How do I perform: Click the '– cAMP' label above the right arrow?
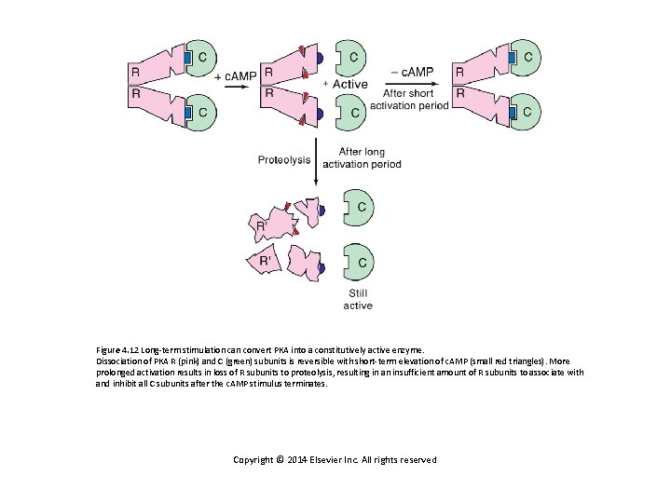click(x=409, y=73)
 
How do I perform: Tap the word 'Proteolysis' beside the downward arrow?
click(x=284, y=159)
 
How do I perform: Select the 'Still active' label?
click(x=358, y=299)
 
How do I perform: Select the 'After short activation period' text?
click(x=409, y=99)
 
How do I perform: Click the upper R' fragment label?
click(x=262, y=224)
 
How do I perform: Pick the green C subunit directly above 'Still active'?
click(x=359, y=262)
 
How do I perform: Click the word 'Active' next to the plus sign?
click(x=349, y=85)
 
